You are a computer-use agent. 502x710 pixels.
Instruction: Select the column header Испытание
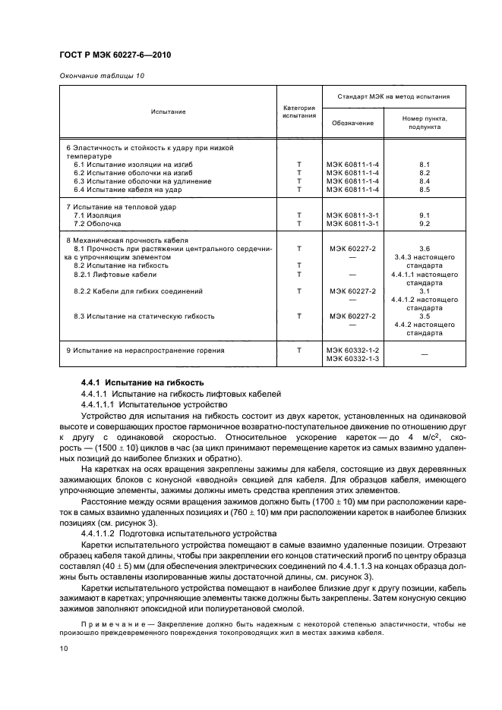(x=168, y=112)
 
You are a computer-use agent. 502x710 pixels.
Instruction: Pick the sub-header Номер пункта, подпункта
(x=425, y=123)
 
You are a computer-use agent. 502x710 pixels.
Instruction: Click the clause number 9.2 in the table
(x=425, y=224)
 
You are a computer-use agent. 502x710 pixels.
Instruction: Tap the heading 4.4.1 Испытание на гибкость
(x=143, y=382)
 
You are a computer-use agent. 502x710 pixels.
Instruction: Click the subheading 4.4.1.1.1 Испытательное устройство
(x=150, y=405)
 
